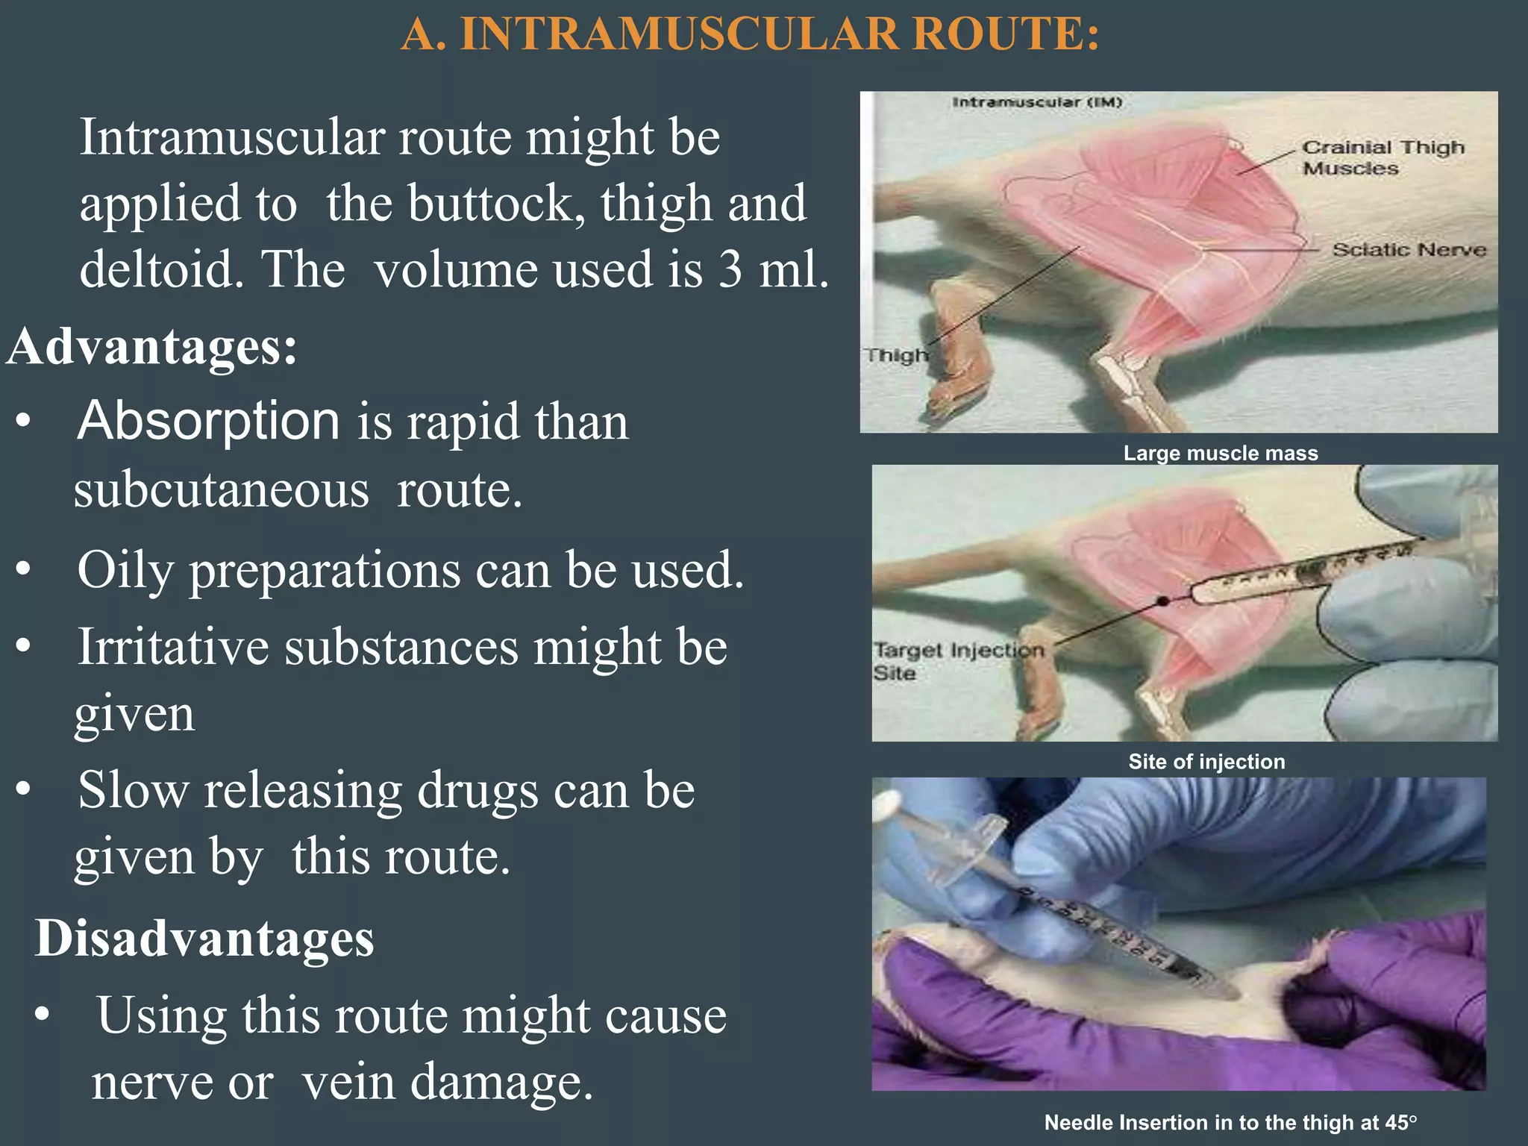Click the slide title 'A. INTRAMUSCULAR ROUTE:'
750,35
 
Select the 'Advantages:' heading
153,347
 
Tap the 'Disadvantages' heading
204,938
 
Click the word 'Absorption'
209,421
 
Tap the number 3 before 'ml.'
730,269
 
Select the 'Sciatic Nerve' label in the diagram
1409,250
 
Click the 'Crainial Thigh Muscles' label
1383,157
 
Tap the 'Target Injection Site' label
957,661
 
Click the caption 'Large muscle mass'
1221,454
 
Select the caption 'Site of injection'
1206,762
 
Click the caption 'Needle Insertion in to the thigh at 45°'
1230,1123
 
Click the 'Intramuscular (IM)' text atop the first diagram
1037,102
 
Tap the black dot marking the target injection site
1162,601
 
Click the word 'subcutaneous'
222,490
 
